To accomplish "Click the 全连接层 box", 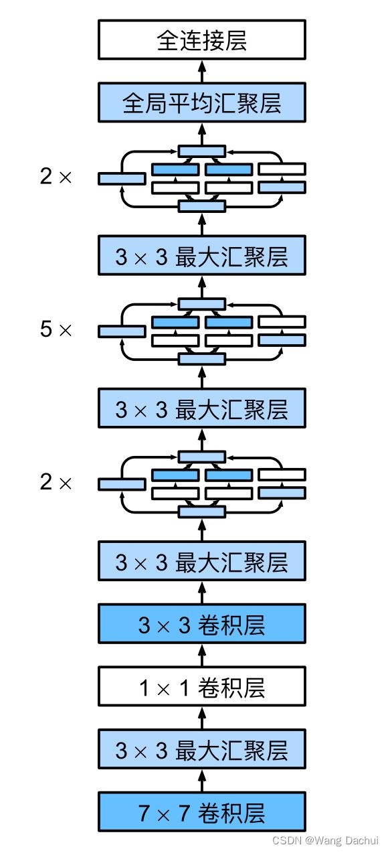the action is (x=201, y=40).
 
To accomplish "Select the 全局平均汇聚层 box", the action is (x=201, y=102).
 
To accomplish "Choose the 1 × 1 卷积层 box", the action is (x=201, y=686).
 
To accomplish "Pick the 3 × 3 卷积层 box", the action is (x=201, y=624).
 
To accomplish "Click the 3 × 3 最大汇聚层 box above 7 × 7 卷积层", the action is (x=201, y=749).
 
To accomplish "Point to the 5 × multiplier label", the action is (x=56, y=329).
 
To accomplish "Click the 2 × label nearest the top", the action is (x=56, y=176).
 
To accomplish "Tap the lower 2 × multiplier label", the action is (x=56, y=481).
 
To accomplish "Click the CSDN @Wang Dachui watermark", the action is (x=326, y=840).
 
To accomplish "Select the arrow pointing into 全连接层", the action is (x=202, y=71).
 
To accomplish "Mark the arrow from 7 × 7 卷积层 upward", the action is (x=202, y=781).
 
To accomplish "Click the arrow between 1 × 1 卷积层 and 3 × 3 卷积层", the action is (x=202, y=655).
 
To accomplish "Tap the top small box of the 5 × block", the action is (x=202, y=304).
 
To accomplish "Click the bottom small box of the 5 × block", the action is (x=202, y=359).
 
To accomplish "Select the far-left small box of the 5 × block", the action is (x=122, y=331).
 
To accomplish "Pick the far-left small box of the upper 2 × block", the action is (x=122, y=178).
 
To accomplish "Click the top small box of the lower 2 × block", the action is (x=202, y=457).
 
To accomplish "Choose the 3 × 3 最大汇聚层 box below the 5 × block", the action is (x=201, y=408).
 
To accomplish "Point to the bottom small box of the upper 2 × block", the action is (x=202, y=206).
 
